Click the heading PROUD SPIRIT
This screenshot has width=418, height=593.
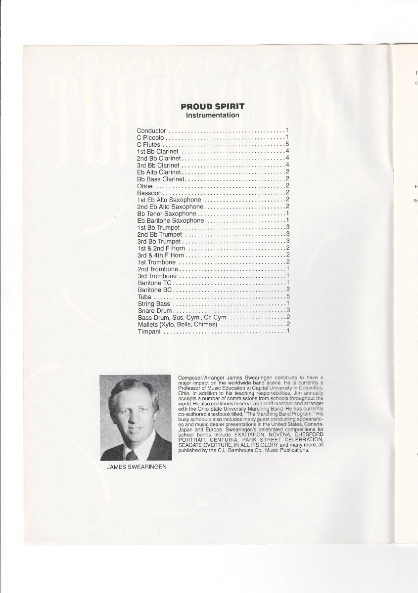[212, 106]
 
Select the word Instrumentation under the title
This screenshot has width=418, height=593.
[212, 115]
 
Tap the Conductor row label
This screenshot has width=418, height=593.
[151, 130]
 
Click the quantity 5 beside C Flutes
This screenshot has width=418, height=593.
[287, 144]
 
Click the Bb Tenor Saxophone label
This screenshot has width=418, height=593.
[167, 213]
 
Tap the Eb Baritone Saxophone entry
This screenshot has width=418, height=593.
[171, 220]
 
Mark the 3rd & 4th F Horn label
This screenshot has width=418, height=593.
[161, 255]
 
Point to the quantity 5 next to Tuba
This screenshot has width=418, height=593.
[287, 296]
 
